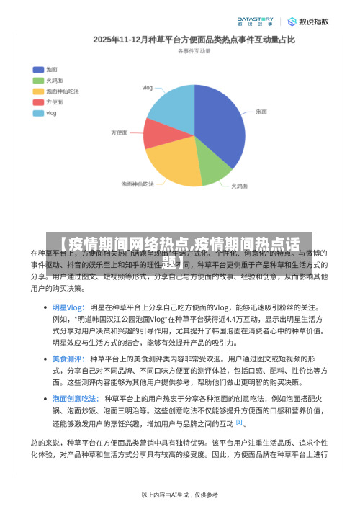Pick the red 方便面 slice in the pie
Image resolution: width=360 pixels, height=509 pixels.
tap(160, 133)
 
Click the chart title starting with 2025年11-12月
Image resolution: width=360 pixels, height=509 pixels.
tap(194, 40)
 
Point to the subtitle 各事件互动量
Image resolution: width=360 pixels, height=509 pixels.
tap(194, 51)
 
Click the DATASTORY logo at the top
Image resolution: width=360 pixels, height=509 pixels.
tap(255, 22)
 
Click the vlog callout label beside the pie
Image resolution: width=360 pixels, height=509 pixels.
tap(148, 88)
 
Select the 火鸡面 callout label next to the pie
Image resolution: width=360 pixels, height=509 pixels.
tap(240, 186)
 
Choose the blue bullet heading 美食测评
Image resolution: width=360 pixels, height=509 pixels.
tap(68, 359)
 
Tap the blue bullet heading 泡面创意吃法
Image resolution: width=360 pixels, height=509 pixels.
tap(75, 398)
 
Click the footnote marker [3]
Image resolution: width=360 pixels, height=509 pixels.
tap(239, 423)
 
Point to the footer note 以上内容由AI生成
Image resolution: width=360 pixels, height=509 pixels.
tap(180, 495)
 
